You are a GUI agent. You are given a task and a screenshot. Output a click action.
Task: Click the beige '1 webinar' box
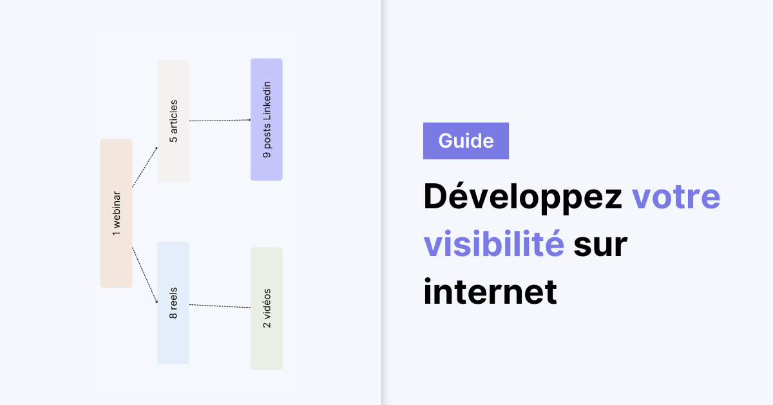117,213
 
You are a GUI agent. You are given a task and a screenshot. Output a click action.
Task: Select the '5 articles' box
173,121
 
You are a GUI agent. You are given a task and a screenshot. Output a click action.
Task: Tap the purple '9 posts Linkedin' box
267,119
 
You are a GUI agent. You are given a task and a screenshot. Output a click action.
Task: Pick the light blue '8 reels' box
173,302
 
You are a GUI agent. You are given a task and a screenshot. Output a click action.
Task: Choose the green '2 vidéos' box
267,308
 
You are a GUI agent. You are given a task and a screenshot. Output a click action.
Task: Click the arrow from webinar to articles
144,167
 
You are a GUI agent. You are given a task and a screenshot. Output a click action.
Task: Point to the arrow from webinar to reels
144,275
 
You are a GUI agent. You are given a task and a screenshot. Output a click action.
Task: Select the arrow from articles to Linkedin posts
220,120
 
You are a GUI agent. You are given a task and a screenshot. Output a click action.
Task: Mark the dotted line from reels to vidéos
220,306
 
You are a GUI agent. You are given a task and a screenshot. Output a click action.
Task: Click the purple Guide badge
466,141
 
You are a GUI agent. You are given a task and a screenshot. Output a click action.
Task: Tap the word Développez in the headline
523,196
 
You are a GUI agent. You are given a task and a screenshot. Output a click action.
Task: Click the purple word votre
676,197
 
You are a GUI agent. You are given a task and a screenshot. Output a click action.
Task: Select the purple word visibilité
494,244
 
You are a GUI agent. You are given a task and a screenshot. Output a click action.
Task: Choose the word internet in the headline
490,291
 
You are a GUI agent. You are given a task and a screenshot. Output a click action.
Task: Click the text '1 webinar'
117,213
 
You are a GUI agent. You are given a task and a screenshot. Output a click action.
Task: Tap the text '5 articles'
173,121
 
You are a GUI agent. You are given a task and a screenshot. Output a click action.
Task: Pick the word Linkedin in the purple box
267,101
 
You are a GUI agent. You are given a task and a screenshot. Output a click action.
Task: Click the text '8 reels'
173,302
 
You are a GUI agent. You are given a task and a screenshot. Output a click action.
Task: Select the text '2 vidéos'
267,308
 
